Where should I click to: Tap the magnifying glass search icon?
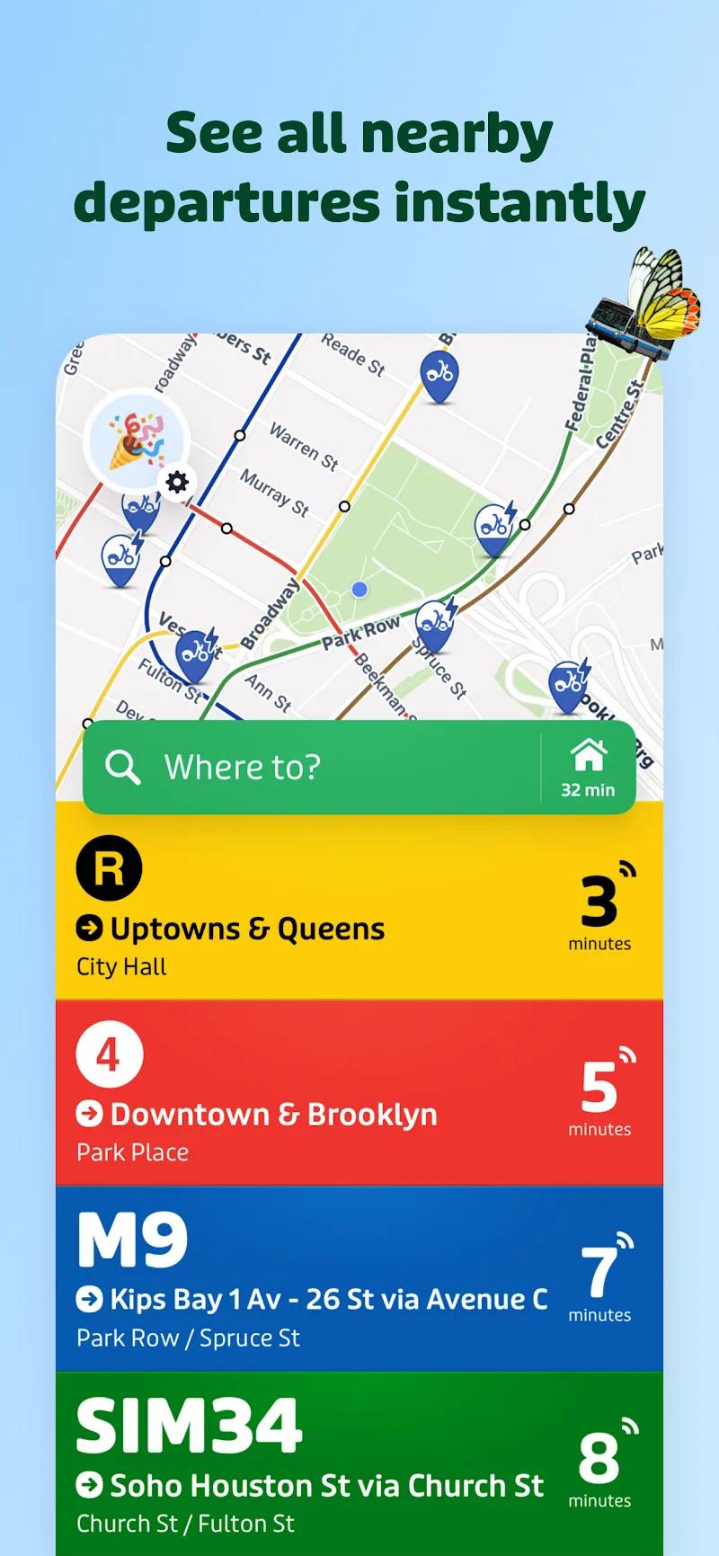click(122, 767)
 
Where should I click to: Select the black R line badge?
click(109, 868)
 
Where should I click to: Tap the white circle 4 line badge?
click(109, 1054)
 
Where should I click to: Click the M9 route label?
click(133, 1241)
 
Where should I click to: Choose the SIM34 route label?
click(189, 1426)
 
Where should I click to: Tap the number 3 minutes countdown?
click(599, 902)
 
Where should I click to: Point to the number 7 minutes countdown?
click(599, 1273)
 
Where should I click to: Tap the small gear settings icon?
click(178, 482)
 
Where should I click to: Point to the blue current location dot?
click(359, 590)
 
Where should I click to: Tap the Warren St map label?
click(304, 447)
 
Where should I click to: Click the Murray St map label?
click(274, 493)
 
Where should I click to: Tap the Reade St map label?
click(353, 354)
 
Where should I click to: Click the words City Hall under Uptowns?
click(121, 967)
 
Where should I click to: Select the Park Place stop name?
click(132, 1152)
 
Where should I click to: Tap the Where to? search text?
click(242, 767)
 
